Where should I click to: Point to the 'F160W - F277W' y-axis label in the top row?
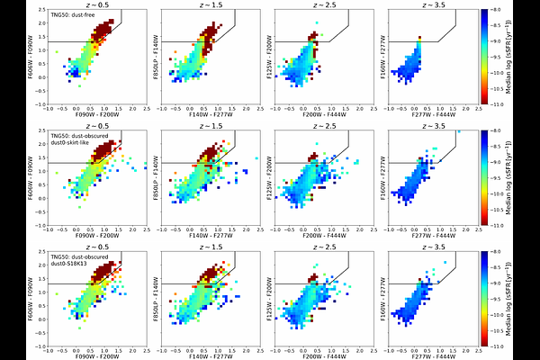(x=366, y=54)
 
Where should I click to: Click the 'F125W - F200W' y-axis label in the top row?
(x=255, y=54)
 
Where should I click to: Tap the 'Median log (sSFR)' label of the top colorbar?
(x=524, y=54)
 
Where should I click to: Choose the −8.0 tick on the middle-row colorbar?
(x=504, y=131)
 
